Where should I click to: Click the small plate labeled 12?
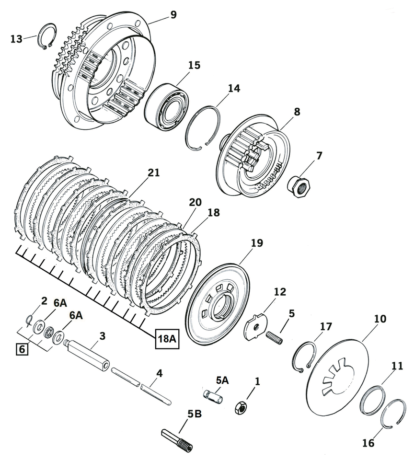tap(255, 326)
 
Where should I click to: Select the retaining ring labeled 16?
tap(395, 413)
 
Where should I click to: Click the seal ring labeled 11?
tap(373, 400)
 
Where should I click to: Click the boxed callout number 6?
tap(21, 349)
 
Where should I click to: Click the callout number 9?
tap(173, 15)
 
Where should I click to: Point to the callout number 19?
tap(256, 243)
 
